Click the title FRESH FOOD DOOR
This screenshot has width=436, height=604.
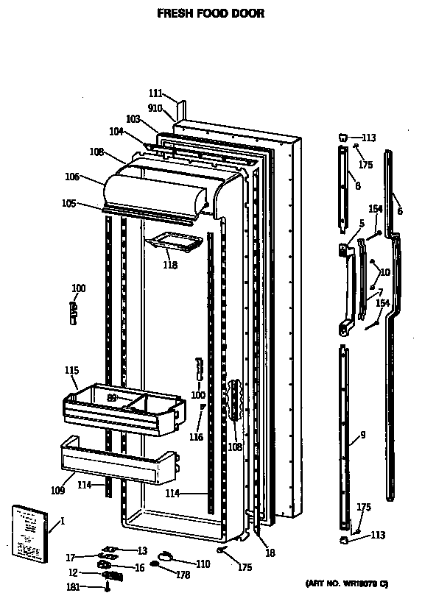click(211, 13)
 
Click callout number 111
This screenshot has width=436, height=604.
click(155, 93)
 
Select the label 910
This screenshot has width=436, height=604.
click(155, 107)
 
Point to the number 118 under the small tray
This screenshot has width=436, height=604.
click(169, 265)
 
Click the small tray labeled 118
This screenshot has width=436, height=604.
click(175, 243)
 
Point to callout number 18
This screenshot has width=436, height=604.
click(270, 553)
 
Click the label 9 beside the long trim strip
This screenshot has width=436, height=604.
click(362, 435)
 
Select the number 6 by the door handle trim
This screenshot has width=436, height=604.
click(400, 211)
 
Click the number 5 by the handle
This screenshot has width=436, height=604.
click(362, 224)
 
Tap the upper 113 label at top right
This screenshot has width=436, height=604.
click(368, 138)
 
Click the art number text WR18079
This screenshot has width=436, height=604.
click(347, 583)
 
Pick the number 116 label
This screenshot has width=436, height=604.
click(195, 437)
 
